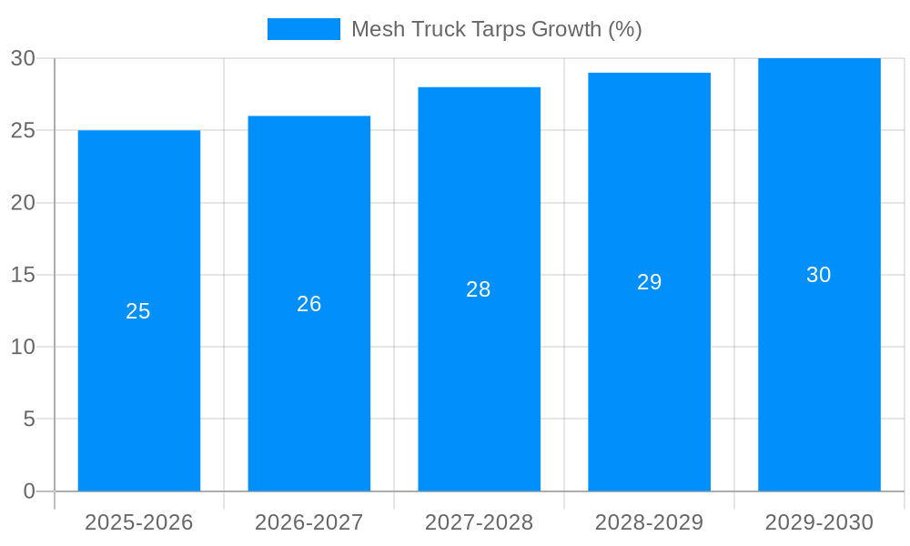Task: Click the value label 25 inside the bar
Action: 138,311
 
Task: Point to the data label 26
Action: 309,304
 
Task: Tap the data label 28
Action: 479,289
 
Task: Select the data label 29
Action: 649,282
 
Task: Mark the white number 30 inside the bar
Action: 819,275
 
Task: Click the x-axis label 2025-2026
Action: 139,522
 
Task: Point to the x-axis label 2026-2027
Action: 309,522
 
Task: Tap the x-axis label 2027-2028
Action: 480,522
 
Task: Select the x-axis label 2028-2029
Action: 649,522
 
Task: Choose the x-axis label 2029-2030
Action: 819,522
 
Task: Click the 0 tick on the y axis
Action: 28,491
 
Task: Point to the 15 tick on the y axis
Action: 23,275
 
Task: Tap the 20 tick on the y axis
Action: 23,203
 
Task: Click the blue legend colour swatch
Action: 303,29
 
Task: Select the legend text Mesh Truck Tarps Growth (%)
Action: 497,29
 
